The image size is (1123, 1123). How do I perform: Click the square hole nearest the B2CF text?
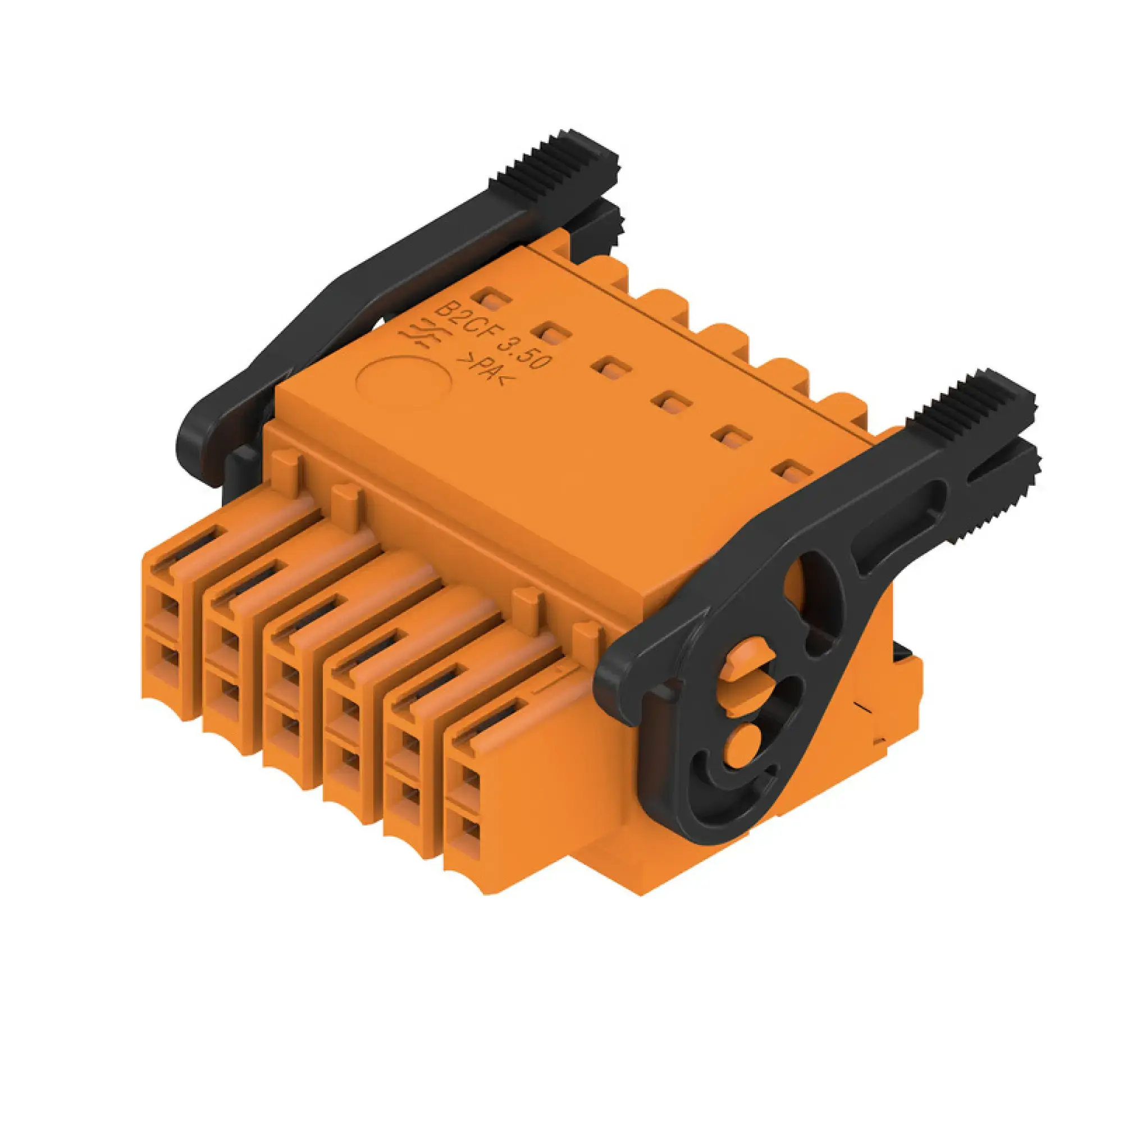[492, 300]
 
